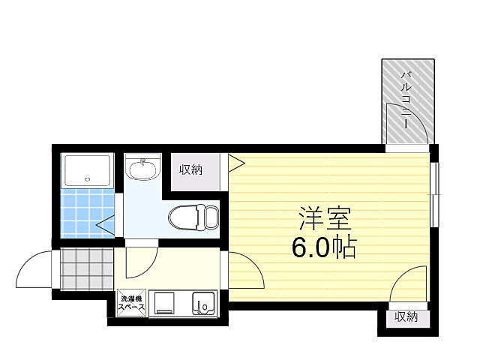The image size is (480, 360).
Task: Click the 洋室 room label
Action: coord(325,219)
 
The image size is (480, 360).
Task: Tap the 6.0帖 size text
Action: coord(324,247)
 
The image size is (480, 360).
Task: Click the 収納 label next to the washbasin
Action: coord(190,169)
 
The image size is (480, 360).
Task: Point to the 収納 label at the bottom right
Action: coord(406,317)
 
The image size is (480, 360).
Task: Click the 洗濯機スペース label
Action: coord(131,304)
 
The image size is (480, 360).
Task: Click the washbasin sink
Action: coord(142,169)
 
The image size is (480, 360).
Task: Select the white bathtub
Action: coord(88,172)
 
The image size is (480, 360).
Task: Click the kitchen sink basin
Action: coord(202,304)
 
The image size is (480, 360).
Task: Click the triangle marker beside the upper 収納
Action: coord(235,160)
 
